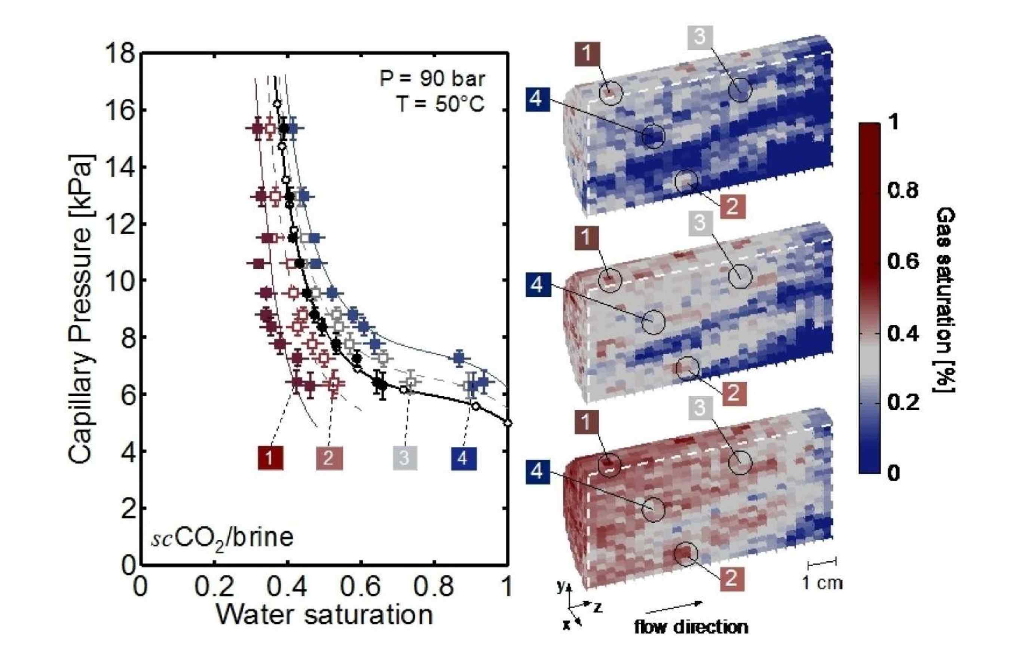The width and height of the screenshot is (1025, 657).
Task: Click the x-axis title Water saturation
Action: point(324,615)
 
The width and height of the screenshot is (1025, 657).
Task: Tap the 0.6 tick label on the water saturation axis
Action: point(361,587)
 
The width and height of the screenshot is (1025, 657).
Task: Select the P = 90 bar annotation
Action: point(432,79)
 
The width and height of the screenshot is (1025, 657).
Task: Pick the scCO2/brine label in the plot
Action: point(222,538)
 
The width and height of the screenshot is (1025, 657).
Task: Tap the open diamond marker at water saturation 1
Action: point(508,423)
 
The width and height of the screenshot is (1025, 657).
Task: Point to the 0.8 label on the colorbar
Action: point(903,190)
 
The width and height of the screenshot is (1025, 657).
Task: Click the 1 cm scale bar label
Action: point(822,583)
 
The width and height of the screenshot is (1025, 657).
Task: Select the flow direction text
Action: point(691,627)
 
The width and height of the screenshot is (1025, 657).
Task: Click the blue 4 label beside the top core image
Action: point(538,99)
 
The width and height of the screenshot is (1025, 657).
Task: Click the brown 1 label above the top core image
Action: point(587,54)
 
